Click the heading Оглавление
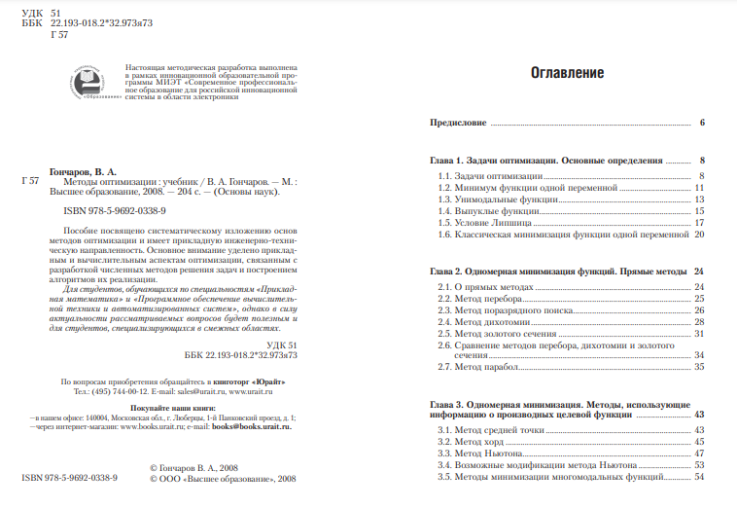point(567,73)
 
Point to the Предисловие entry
point(458,124)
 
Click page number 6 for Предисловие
point(701,124)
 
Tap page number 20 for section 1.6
point(698,235)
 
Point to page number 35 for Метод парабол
point(698,367)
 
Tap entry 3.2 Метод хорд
point(473,441)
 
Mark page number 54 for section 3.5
point(698,477)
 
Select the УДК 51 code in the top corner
point(34,9)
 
